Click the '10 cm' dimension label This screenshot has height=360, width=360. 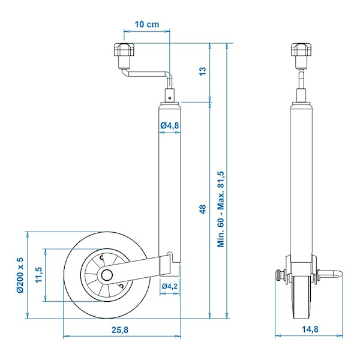click(x=147, y=24)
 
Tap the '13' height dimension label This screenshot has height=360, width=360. click(x=203, y=71)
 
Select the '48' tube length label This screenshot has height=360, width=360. click(x=203, y=209)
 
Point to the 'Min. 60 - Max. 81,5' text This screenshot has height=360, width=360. click(x=221, y=209)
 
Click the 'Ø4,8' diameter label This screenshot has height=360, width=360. click(x=170, y=125)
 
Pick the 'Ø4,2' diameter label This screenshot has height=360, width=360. click(x=170, y=286)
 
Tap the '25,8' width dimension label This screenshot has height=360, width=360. click(x=120, y=330)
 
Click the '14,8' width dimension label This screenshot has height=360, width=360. click(x=310, y=329)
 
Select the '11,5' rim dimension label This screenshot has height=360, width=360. click(x=39, y=275)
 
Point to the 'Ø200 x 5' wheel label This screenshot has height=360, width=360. click(x=20, y=275)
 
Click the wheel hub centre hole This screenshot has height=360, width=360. click(x=107, y=275)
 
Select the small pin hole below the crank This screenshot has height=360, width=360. click(x=169, y=98)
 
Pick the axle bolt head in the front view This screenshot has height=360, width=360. click(x=278, y=274)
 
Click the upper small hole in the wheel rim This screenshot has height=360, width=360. click(x=101, y=258)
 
